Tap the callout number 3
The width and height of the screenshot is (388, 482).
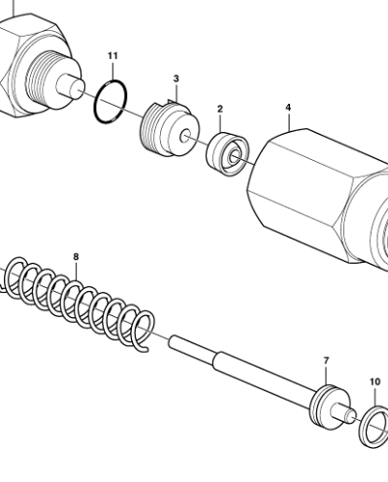(x=176, y=78)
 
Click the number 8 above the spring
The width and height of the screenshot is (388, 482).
(x=77, y=257)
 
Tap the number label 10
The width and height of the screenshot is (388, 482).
(x=375, y=381)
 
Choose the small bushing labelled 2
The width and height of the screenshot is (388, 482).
(x=227, y=155)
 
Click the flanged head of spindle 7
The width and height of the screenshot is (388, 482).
(x=331, y=403)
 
